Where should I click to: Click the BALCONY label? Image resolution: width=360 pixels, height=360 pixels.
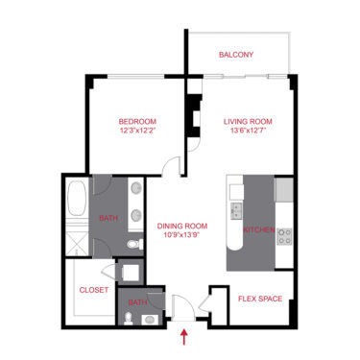(236, 55)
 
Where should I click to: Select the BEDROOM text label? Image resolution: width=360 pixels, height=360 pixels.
(137, 121)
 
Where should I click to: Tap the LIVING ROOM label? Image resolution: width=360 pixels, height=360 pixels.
(249, 121)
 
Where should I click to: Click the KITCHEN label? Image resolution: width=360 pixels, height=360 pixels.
(259, 231)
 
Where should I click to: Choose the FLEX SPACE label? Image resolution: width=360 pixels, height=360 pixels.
(259, 299)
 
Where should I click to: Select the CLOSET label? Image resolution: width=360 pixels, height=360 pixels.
(92, 288)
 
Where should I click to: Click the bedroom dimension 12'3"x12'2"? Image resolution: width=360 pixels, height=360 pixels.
(137, 132)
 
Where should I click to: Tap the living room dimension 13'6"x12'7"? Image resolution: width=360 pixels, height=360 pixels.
(249, 132)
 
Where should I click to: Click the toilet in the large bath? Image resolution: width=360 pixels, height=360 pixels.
(135, 246)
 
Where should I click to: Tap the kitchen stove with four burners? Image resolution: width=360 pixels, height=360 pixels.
(285, 235)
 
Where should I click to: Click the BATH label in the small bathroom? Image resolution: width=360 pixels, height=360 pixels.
(138, 302)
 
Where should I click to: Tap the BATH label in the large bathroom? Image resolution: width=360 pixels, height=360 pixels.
(108, 218)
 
